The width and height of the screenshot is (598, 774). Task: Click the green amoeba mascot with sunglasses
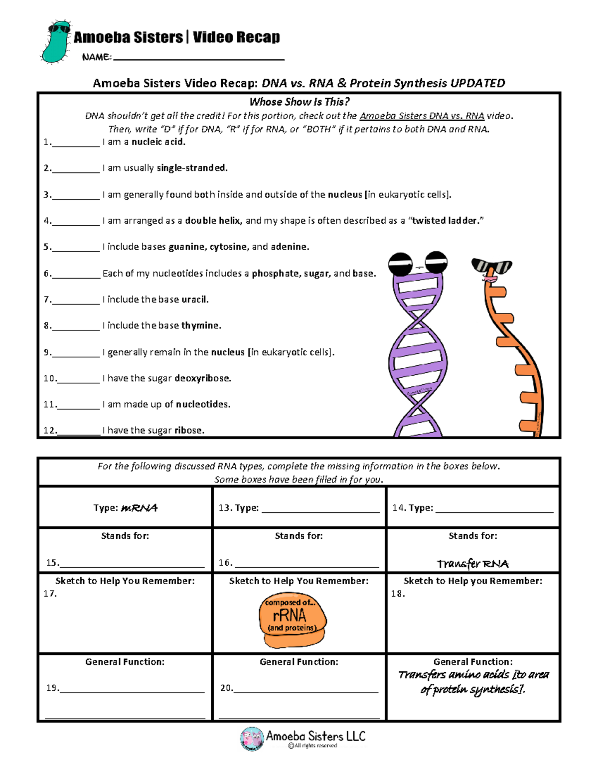56,42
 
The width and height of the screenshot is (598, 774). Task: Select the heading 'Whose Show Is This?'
299,102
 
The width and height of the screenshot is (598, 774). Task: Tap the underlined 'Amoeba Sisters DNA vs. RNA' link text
422,116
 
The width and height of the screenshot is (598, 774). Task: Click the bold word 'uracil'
194,300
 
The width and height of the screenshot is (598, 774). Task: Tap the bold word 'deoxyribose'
202,378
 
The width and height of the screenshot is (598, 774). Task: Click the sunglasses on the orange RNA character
491,266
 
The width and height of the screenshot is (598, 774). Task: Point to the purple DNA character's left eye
400,264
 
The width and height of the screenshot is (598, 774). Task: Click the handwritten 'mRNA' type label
139,508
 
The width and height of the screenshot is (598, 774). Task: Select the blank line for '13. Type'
320,511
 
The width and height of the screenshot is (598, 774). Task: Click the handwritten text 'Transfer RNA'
472,564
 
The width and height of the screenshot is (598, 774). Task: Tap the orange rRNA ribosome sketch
293,619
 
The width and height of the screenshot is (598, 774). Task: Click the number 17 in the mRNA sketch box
50,594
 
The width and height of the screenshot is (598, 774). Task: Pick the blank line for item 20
305,691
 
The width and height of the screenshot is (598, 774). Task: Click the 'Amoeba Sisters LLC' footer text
315,736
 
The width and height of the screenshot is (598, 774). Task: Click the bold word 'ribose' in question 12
189,430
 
